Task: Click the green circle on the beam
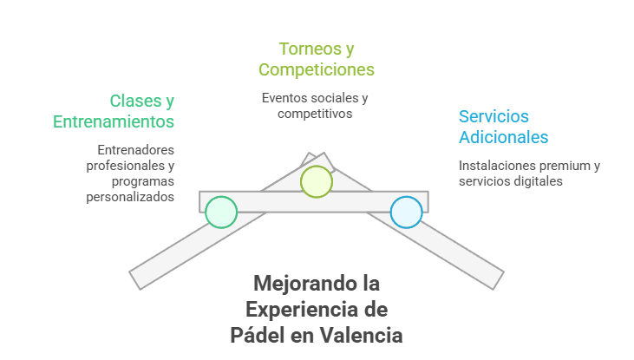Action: point(221,212)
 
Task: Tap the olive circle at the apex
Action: point(316,181)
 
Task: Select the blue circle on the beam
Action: point(406,212)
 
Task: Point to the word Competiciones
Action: point(317,69)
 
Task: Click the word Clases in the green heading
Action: point(135,101)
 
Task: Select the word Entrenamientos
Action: point(114,121)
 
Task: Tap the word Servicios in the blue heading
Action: point(493,116)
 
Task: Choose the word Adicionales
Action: point(503,137)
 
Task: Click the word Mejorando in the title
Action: point(296,283)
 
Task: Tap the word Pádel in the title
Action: point(258,335)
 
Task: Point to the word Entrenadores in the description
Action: point(136,149)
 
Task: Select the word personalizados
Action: point(131,196)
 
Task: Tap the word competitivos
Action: point(316,113)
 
